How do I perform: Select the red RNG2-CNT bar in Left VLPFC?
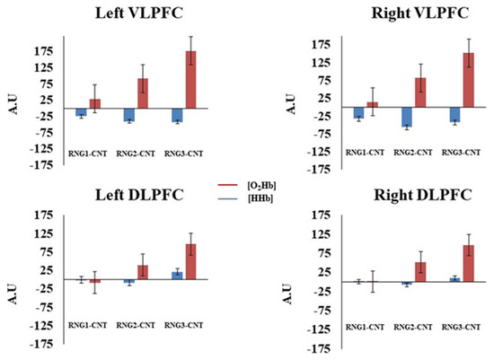(x=142, y=93)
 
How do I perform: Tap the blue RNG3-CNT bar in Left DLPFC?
(x=178, y=275)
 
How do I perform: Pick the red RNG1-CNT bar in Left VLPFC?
(x=94, y=103)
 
